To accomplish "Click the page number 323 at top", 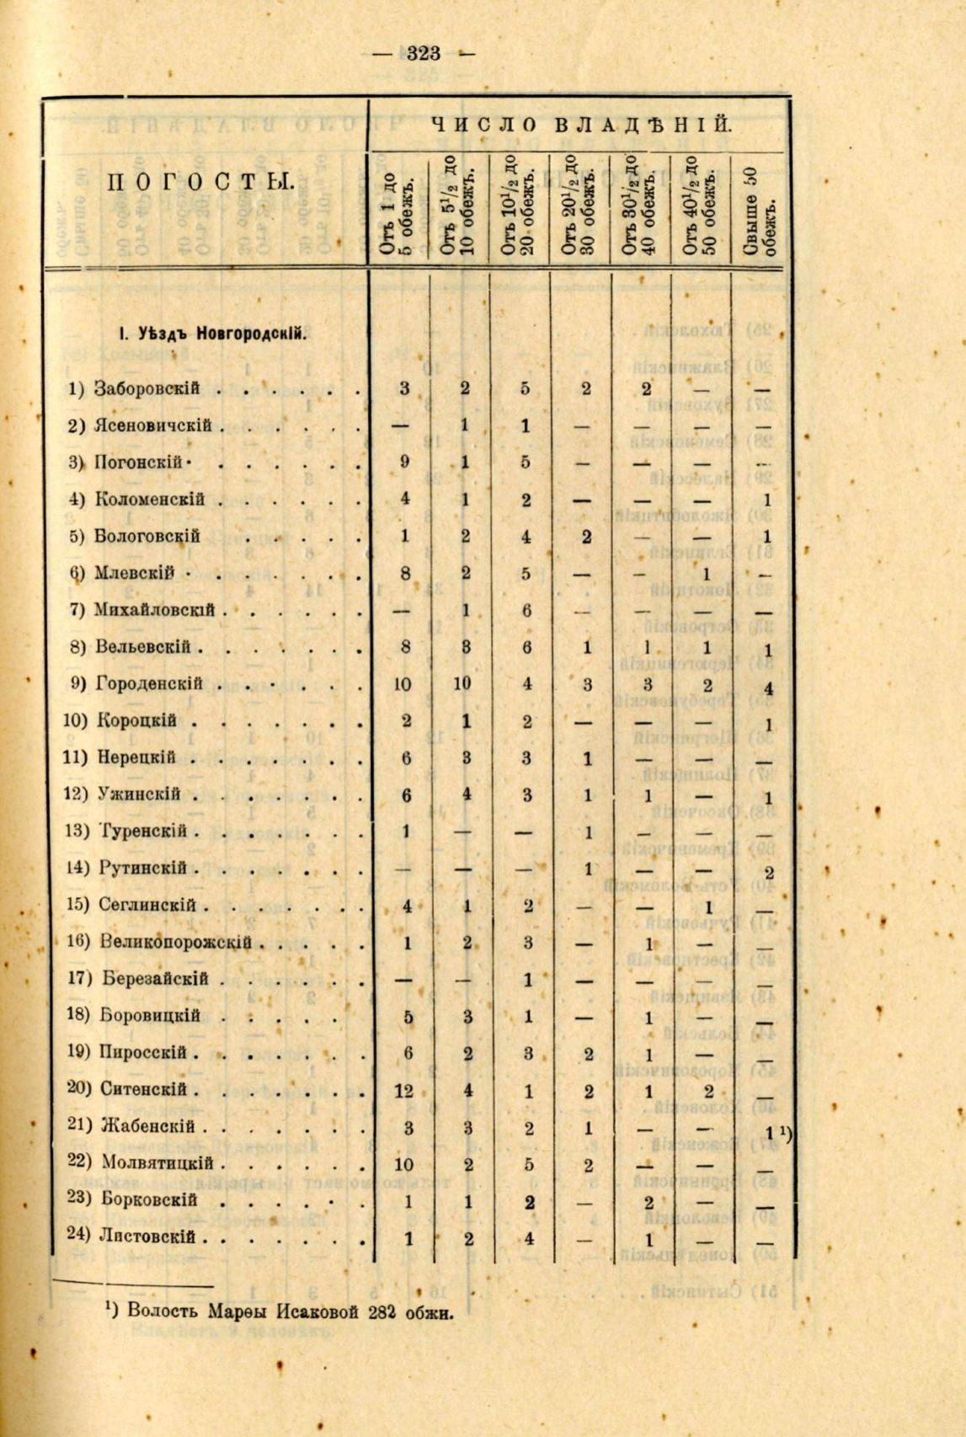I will (x=423, y=55).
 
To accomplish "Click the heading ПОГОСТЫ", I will (x=200, y=182).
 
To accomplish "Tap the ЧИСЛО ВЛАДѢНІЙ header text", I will (x=582, y=125).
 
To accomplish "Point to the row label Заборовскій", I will (x=146, y=388).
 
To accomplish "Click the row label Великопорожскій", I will (x=177, y=942).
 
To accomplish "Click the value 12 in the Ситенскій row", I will (x=403, y=1092).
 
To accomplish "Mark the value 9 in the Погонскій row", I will (x=404, y=462).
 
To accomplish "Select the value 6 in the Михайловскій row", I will (x=526, y=610).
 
